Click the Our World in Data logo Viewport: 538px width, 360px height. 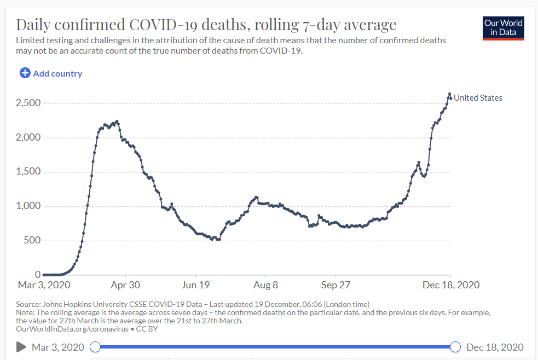coord(504,28)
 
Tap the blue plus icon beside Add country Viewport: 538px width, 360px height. coord(25,73)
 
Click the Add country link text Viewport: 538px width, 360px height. coord(57,74)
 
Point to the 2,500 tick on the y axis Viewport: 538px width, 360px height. coord(28,103)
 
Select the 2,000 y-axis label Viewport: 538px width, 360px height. coord(28,137)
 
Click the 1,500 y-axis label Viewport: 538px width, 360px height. coord(28,171)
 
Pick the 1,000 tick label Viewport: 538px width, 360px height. coord(28,206)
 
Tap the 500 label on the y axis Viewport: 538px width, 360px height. coord(32,240)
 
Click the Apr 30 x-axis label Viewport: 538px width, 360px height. coord(125,285)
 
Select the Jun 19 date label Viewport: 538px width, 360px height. coord(195,285)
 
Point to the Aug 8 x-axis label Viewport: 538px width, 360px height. coord(265,285)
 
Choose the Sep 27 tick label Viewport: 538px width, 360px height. coord(335,285)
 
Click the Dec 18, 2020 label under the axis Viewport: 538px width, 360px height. coord(451,285)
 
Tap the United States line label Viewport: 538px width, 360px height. coord(478,98)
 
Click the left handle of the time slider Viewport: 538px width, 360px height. coord(95,347)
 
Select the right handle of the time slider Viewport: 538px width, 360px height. coord(455,347)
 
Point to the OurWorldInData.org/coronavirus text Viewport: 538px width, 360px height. coord(72,329)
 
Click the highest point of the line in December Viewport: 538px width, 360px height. coord(449,94)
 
